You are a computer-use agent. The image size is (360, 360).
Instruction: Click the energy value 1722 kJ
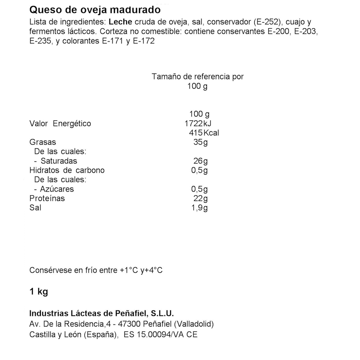198,123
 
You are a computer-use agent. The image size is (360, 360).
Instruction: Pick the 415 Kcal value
204,133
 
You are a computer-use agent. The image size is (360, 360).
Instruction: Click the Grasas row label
42,142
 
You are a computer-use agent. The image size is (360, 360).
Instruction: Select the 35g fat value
201,142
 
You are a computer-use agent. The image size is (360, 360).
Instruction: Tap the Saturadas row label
59,161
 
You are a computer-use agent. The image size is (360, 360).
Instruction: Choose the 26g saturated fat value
201,161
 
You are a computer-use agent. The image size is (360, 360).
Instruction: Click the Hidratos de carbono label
67,170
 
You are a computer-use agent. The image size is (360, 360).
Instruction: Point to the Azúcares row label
57,189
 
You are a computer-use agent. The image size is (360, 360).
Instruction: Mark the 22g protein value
201,198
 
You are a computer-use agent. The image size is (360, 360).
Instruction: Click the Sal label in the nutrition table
35,208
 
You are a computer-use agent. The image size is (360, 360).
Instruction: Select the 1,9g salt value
199,208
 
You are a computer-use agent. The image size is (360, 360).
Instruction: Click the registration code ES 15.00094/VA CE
160,334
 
